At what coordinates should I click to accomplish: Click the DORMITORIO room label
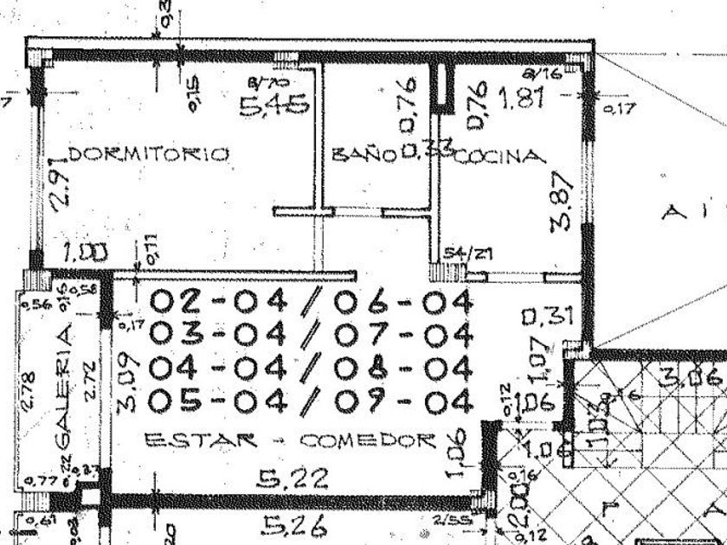point(148,155)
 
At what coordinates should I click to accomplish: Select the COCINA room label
point(501,157)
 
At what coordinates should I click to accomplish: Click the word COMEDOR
point(366,440)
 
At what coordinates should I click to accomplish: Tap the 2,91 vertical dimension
point(58,186)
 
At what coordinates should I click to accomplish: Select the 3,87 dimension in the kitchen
point(563,201)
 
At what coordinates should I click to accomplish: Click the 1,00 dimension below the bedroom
point(87,253)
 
